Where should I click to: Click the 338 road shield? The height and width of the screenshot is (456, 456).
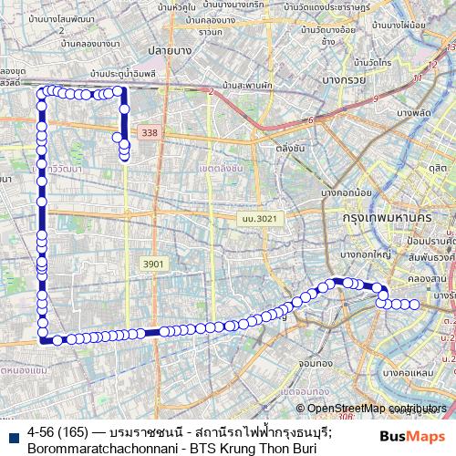pyautogui.click(x=150, y=133)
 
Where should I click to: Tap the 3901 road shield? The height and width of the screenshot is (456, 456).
pyautogui.click(x=154, y=264)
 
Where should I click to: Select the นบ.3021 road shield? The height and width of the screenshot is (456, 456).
pyautogui.click(x=259, y=219)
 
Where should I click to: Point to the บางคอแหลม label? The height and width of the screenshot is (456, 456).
pyautogui.click(x=409, y=373)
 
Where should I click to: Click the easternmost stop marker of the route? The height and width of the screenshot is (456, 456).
pyautogui.click(x=415, y=305)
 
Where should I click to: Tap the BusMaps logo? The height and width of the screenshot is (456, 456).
pyautogui.click(x=406, y=436)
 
